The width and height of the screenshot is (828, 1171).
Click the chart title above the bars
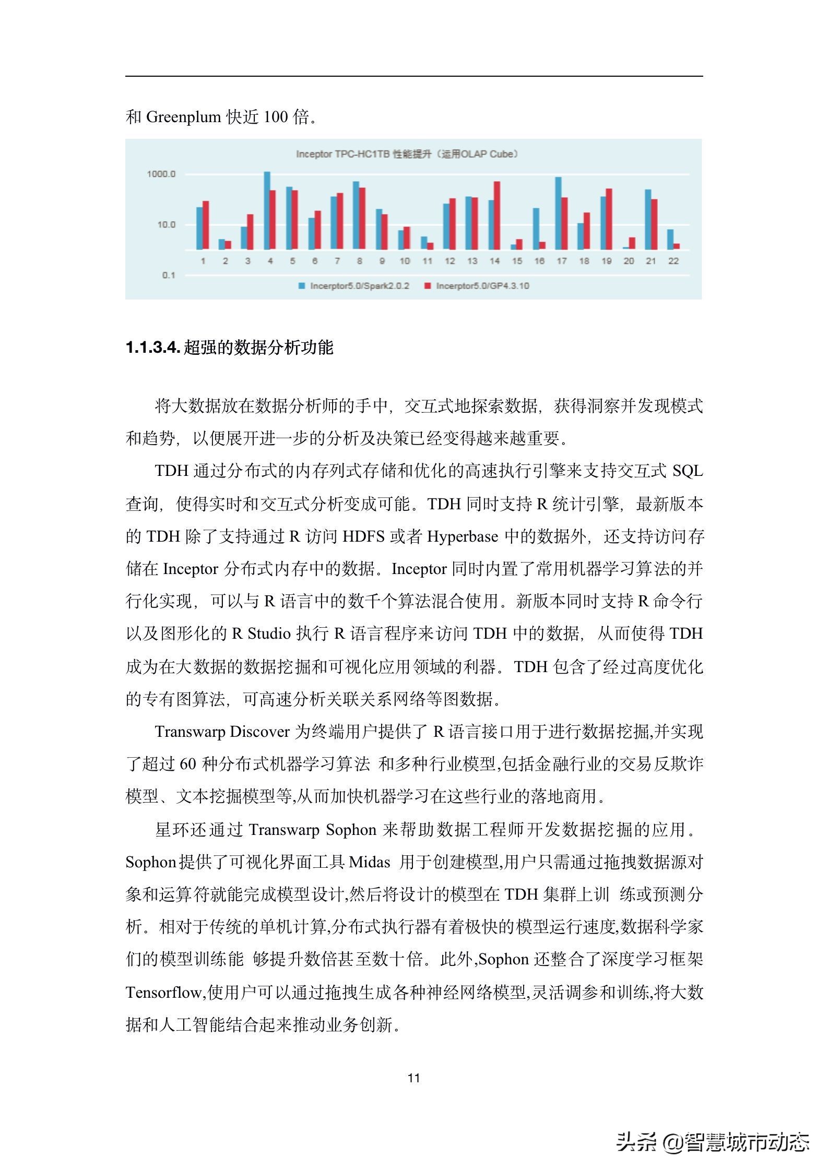(407, 154)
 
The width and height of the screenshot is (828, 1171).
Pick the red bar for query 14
(497, 215)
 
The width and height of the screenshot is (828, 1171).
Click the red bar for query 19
(609, 219)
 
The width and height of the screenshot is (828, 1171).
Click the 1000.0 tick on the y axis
(161, 174)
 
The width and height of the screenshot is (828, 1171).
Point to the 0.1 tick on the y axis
(168, 275)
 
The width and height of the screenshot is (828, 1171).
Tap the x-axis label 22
(673, 261)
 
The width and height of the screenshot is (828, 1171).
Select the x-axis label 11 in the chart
(427, 261)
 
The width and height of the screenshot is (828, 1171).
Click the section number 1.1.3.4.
(153, 348)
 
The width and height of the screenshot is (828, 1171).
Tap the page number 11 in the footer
(414, 1078)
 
